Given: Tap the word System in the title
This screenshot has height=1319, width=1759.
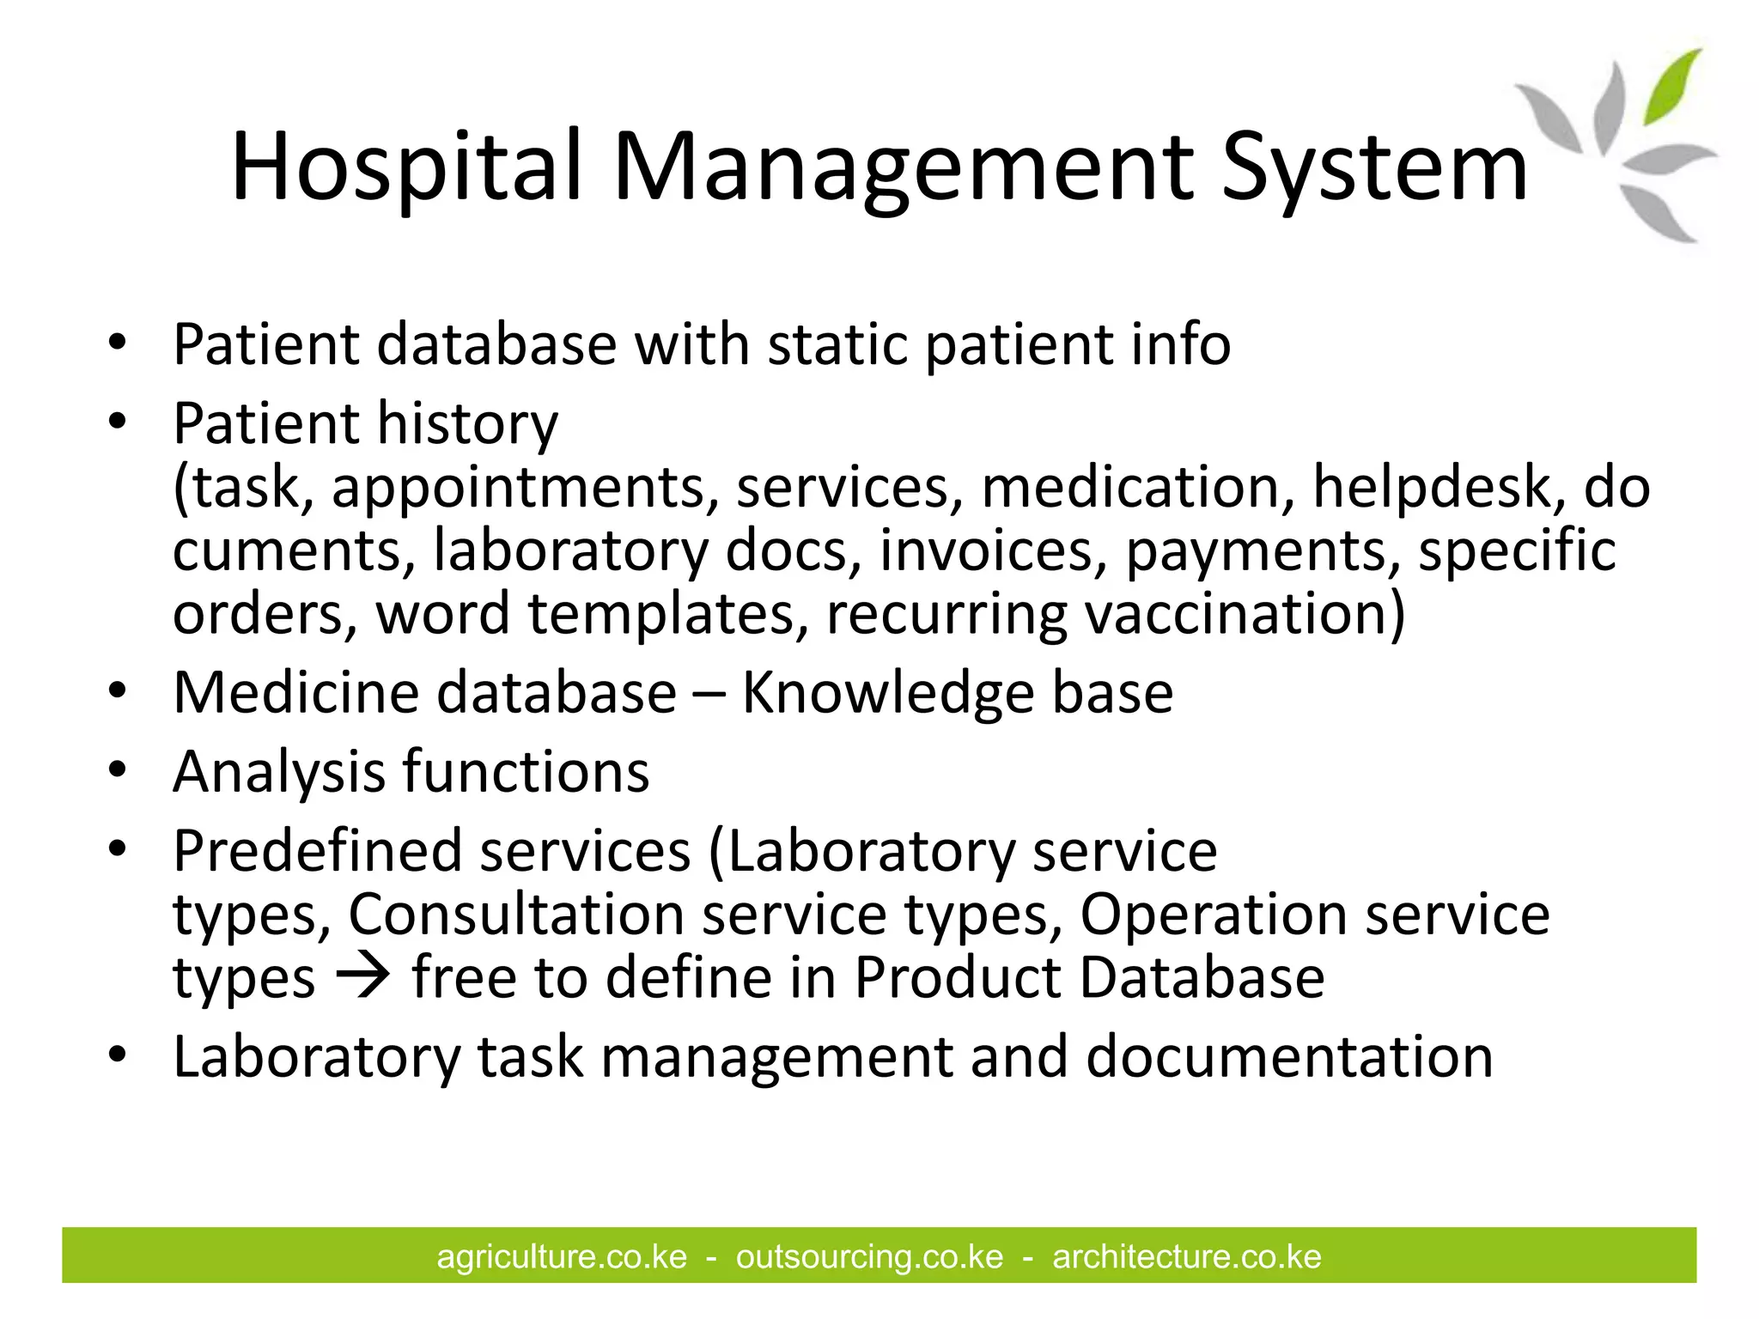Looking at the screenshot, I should tap(1374, 167).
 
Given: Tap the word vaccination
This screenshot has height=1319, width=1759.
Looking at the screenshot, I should tap(1245, 614).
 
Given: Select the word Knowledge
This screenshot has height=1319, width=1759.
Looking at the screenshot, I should tap(887, 693).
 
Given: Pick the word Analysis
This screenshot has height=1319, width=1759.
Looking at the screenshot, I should tap(279, 772).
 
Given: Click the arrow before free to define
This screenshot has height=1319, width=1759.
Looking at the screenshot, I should tap(363, 978).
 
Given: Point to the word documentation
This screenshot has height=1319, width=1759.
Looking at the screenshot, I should tap(1289, 1057).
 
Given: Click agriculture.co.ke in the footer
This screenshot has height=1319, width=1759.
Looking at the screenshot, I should tap(562, 1257).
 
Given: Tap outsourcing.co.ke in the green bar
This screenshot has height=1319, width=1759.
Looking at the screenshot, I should tap(869, 1257).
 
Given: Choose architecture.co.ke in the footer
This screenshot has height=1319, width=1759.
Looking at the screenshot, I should tap(1186, 1257).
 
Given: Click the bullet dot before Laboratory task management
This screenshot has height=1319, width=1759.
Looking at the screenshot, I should tap(118, 1055).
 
